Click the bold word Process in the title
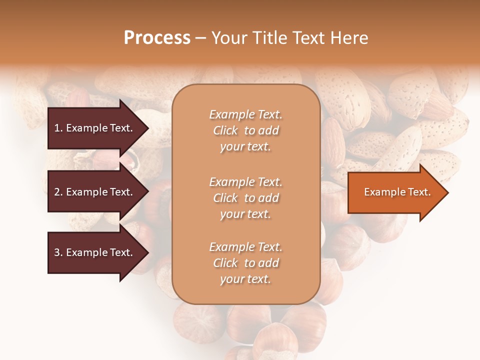coord(157,38)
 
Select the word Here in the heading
coord(349,38)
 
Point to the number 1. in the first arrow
coord(58,128)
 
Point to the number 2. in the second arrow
coord(58,192)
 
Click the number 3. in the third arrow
coord(58,252)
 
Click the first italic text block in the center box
coord(245,130)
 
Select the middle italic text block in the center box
coord(245,198)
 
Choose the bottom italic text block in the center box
coord(245,263)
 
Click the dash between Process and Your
coord(201,38)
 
